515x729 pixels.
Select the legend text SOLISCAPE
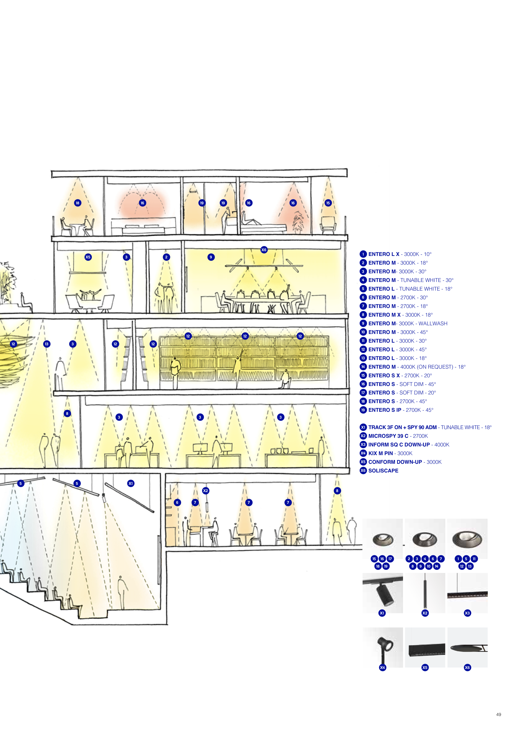coord(383,471)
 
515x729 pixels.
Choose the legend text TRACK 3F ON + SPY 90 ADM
coord(402,427)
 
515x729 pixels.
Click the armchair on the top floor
coord(328,225)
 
